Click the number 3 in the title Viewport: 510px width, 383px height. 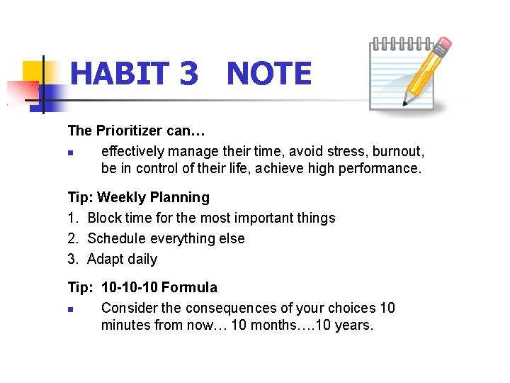188,74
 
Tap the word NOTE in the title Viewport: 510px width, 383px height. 269,74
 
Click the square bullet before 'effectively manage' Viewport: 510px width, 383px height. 72,152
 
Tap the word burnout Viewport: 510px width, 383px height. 399,151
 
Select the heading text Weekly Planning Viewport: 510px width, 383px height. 154,197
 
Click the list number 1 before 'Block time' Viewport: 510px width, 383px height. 72,218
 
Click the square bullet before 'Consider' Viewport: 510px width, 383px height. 72,309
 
